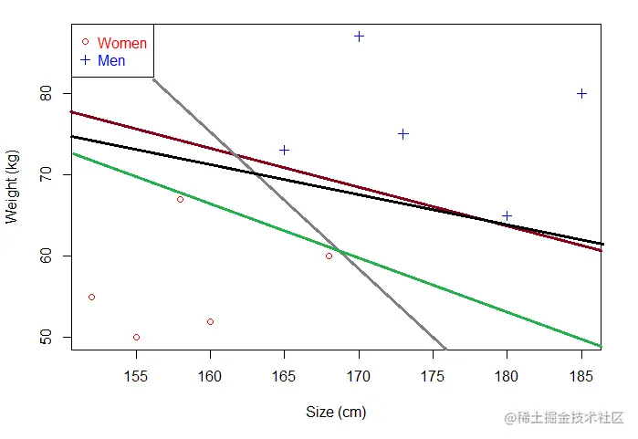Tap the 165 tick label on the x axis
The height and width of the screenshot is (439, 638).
coord(284,374)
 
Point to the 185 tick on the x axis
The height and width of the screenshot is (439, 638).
coord(581,374)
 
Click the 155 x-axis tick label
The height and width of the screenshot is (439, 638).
coord(136,374)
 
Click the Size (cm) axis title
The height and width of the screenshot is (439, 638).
coord(336,413)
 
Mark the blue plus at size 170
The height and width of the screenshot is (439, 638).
coord(359,37)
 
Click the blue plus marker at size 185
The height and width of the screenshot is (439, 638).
coord(581,93)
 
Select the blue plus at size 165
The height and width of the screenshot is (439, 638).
coord(284,150)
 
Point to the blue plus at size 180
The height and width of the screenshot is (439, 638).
coord(507,216)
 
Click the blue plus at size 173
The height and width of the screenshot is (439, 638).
coord(403,133)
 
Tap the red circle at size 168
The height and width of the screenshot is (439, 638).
coord(329,256)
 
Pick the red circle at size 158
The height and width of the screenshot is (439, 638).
coord(180,199)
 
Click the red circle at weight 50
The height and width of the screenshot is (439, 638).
coord(136,337)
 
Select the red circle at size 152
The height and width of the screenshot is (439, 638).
coord(91,297)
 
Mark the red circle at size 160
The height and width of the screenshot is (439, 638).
coord(210,321)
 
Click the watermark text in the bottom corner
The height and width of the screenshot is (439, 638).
coord(557,417)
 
